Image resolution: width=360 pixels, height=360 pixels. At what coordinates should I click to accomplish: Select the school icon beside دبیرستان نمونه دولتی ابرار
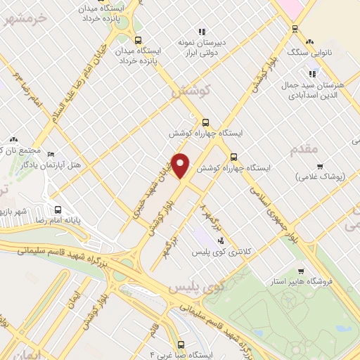coord(202,31)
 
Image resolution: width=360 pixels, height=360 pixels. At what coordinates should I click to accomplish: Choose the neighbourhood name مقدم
coord(304,148)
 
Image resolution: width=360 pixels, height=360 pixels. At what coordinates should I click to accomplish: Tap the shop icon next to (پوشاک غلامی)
coord(320,166)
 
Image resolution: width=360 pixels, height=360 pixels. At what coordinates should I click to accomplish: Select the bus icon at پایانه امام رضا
coord(58,209)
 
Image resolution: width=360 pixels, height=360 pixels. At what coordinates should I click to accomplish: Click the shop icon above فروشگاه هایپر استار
coord(302,271)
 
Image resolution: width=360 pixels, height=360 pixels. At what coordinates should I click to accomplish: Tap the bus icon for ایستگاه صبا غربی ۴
coord(181,345)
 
